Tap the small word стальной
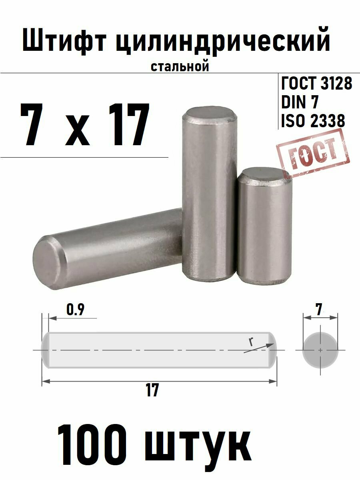(x=180, y=66)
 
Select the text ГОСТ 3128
(x=317, y=84)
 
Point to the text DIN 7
(x=300, y=102)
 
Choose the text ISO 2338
(x=313, y=120)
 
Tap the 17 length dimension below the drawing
(x=152, y=390)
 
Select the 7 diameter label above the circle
(x=319, y=309)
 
